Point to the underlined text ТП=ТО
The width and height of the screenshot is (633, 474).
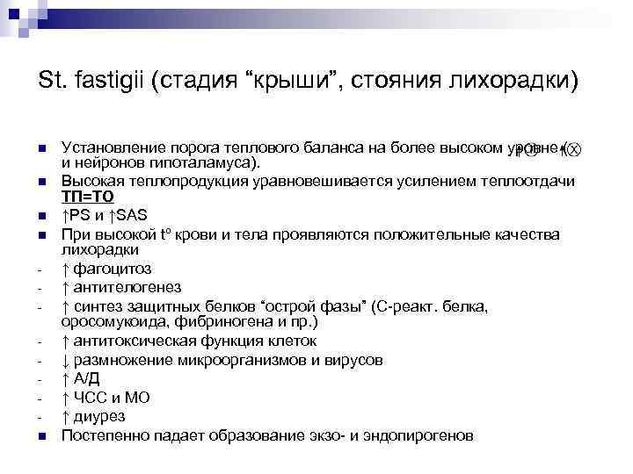86,197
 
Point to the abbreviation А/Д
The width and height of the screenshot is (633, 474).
86,377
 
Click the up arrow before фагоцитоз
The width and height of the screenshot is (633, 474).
65,269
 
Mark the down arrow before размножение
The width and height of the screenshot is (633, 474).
65,359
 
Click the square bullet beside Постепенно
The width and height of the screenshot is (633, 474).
40,434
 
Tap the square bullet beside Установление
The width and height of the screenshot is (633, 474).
40,147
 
